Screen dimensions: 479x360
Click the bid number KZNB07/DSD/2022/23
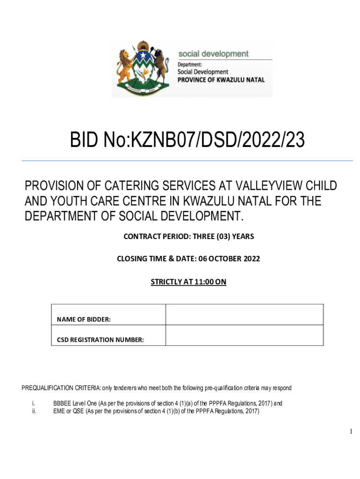pos(187,140)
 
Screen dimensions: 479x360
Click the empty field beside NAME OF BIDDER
pos(244,314)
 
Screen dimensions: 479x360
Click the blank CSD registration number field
pos(244,335)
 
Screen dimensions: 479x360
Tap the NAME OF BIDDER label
pos(84,319)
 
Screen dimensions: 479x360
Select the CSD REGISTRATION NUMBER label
pos(101,340)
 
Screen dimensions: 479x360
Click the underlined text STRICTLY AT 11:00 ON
pos(188,282)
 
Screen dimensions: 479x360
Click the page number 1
pos(351,432)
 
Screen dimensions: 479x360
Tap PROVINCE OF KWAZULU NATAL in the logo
pos(221,80)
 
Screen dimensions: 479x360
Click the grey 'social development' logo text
pos(213,54)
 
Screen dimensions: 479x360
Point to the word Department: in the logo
pos(189,65)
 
